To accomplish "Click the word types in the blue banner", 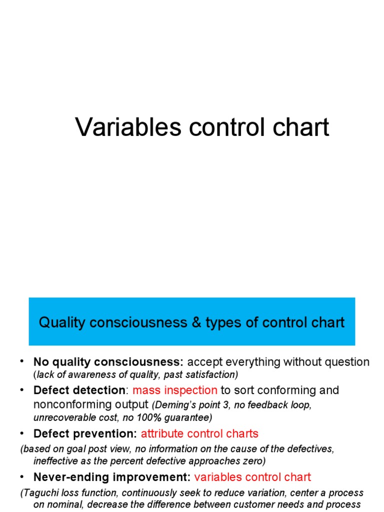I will (223, 322).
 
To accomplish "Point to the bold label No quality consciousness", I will (108, 362).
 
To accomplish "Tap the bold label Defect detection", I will (79, 390).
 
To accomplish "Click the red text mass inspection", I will (175, 390).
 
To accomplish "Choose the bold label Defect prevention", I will (85, 433).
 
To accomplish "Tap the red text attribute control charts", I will (199, 433).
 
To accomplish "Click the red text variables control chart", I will (252, 477).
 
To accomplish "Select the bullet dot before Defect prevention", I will (22, 433).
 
